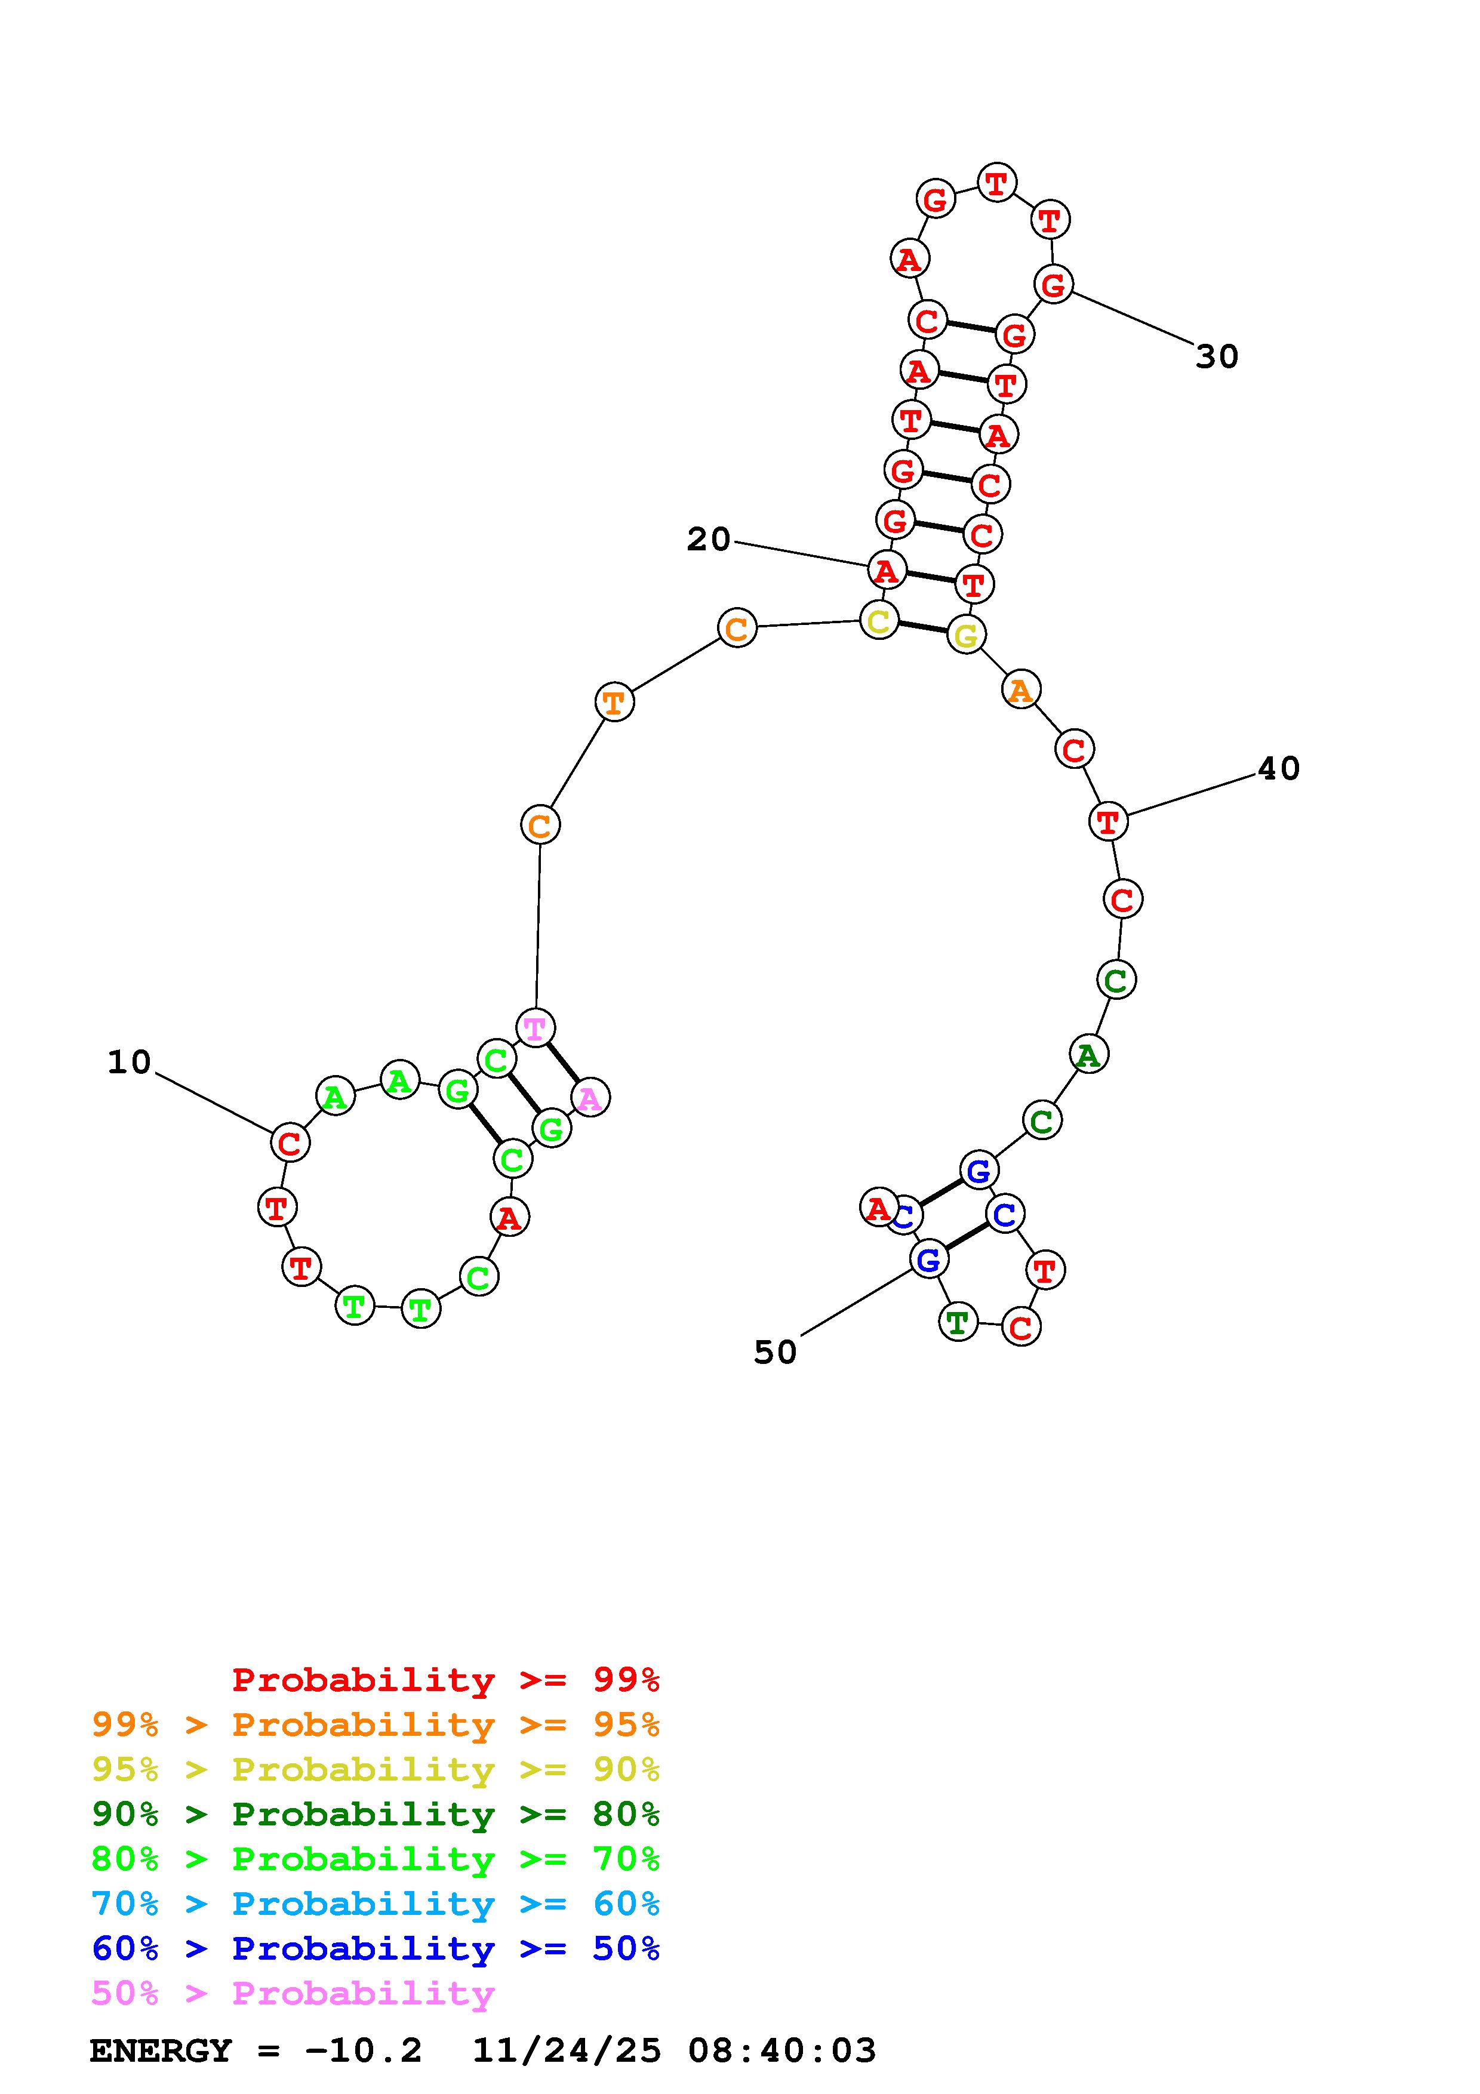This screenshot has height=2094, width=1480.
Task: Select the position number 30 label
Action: point(1217,356)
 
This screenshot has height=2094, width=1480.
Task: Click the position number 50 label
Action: point(775,1351)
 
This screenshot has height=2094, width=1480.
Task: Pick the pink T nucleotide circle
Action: point(536,1028)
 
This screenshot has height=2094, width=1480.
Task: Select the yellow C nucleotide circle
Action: point(879,621)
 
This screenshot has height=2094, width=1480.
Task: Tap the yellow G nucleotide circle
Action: point(966,635)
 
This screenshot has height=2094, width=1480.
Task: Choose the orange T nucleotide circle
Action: point(614,702)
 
